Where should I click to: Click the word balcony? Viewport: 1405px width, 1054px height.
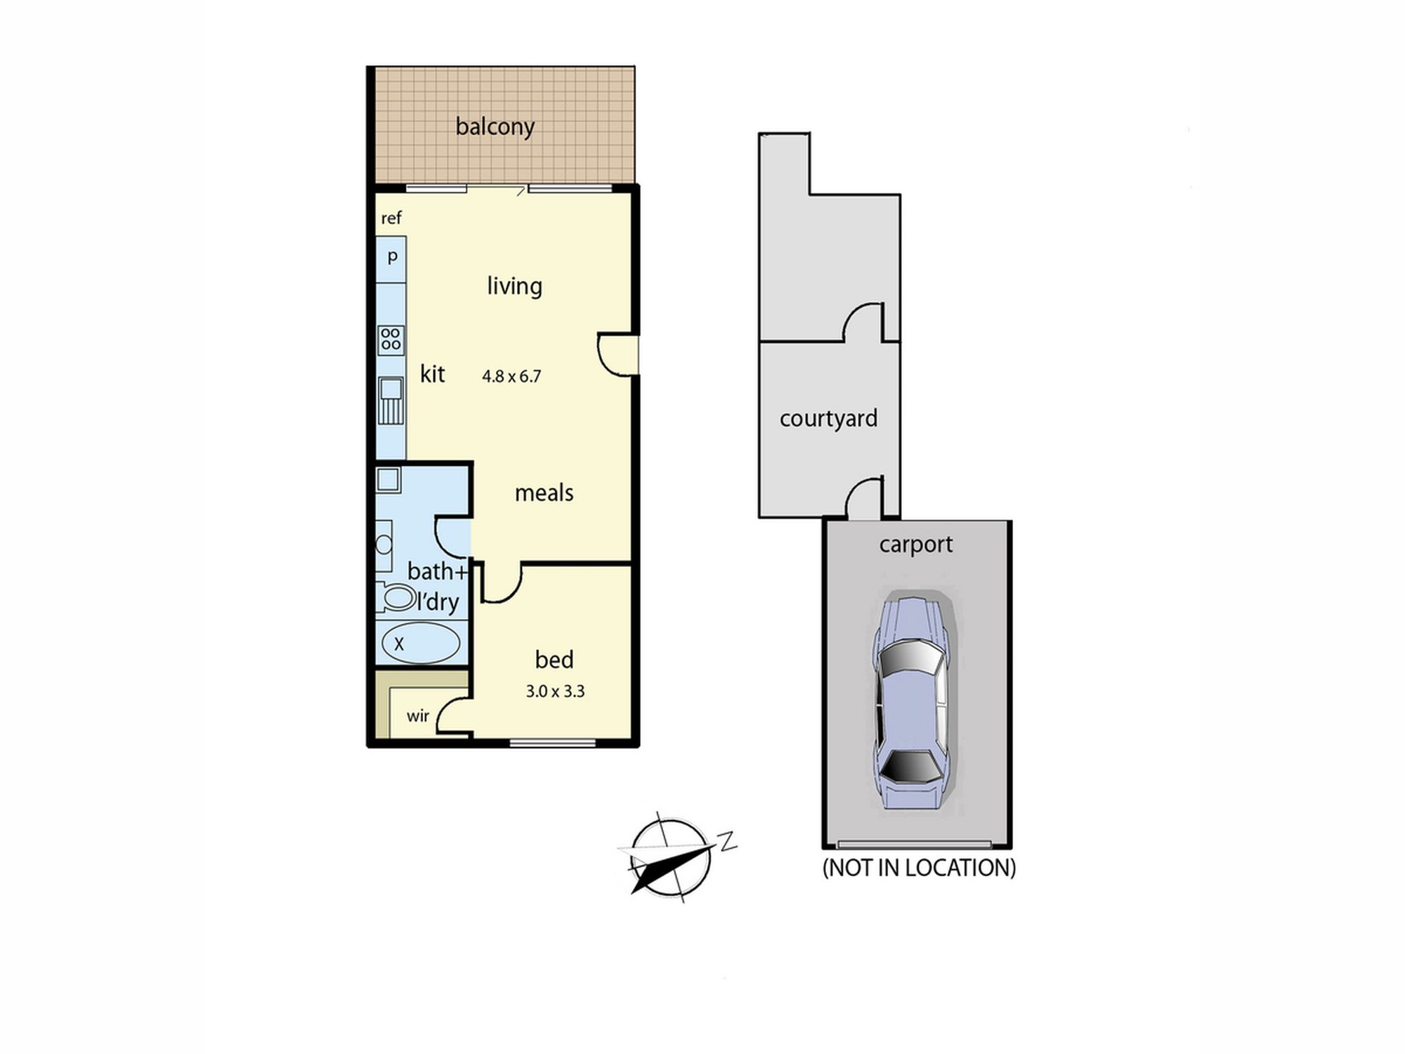coord(495,126)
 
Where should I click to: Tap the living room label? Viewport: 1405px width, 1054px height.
coord(514,286)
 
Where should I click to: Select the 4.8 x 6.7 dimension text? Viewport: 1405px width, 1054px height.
coord(511,377)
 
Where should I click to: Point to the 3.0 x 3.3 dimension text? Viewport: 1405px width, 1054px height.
coord(555,691)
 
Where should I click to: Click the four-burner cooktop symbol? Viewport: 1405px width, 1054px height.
coord(391,340)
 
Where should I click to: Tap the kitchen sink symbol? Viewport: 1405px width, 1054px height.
coord(391,401)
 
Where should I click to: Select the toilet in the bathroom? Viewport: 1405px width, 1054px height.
coord(395,598)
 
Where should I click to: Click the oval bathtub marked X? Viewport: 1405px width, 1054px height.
coord(421,642)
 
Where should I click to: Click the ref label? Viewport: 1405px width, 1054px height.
coord(391,218)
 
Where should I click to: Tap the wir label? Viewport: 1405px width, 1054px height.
coord(417,716)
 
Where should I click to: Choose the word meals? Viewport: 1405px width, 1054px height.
coord(544,493)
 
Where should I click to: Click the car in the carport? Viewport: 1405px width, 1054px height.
coord(911,702)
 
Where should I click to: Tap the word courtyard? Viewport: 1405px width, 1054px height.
coord(828,419)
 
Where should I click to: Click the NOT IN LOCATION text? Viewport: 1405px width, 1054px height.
coord(919,868)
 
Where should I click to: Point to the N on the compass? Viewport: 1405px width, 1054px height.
coord(726,840)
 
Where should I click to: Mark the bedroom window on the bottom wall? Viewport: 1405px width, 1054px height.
coord(552,743)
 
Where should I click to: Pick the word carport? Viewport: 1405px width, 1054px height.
coord(915,545)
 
